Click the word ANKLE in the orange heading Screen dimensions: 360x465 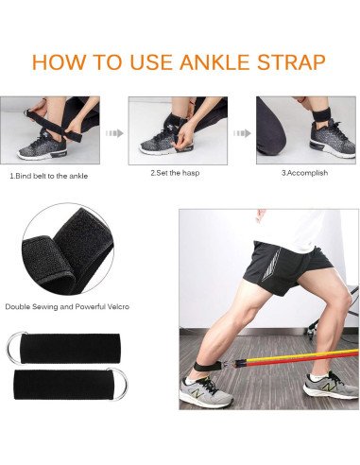214,62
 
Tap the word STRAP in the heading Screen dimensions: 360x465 291,62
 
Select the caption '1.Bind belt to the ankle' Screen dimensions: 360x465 48,176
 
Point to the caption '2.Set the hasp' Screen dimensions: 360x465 175,173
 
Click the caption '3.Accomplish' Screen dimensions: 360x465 304,173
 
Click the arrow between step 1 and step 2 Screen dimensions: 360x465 114,133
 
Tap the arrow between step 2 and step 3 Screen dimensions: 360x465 242,133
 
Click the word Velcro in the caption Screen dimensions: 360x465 116,306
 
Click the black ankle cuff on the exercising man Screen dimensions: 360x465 206,366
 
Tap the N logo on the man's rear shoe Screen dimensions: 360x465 197,393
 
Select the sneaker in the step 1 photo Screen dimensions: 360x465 42,147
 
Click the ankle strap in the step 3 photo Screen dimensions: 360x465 318,113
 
